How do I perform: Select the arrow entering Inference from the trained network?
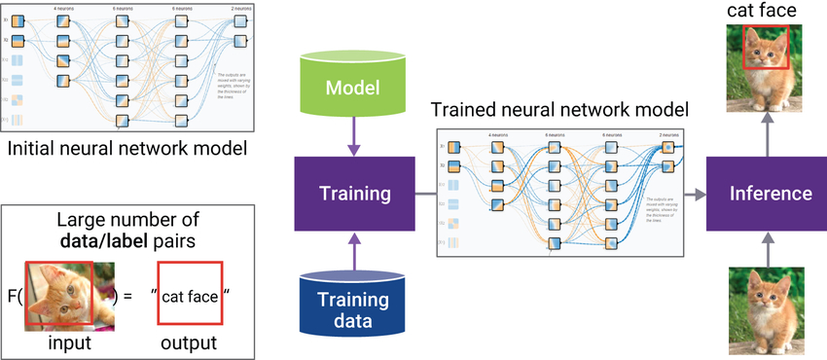click(x=695, y=193)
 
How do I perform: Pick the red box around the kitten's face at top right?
click(x=766, y=47)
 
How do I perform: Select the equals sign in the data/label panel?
click(x=129, y=293)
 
